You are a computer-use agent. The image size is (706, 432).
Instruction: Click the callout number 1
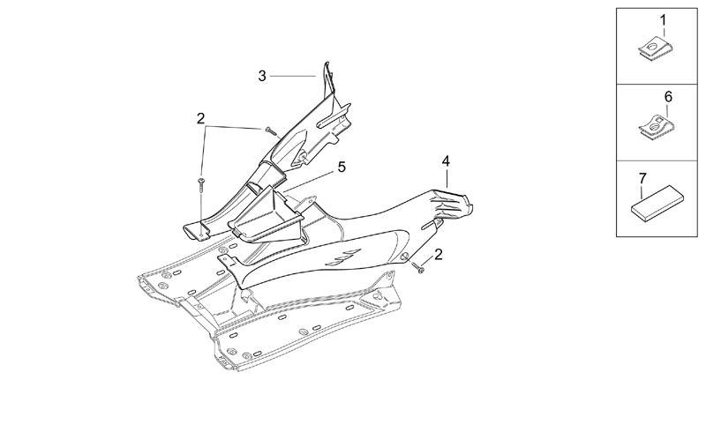coord(663,20)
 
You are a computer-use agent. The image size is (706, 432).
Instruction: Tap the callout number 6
coord(668,97)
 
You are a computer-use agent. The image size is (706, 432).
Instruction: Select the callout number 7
coord(642,178)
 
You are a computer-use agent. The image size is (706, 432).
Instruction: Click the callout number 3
coord(262,76)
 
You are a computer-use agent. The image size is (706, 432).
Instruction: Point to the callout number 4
coord(446,161)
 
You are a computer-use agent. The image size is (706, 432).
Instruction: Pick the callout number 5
coord(342,167)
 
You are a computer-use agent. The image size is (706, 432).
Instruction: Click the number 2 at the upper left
coord(201,118)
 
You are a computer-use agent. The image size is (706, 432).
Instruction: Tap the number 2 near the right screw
coord(438,254)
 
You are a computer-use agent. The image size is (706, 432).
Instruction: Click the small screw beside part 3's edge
coord(270,130)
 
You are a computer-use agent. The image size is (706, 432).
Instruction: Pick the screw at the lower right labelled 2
coord(418,268)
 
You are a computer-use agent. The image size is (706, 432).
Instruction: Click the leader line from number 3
coord(293,77)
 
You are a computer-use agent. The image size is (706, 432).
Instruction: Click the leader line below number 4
coord(447,178)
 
